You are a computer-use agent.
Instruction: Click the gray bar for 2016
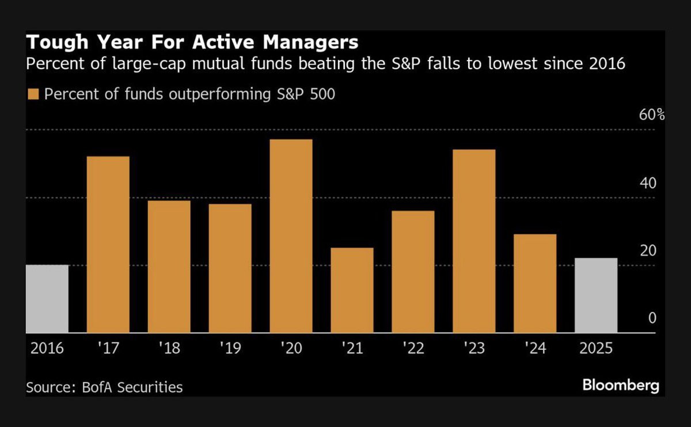pyautogui.click(x=47, y=299)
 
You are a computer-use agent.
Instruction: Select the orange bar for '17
pyautogui.click(x=108, y=245)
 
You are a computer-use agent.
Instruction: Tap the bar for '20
pyautogui.click(x=291, y=236)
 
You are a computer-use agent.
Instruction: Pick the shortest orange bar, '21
pyautogui.click(x=352, y=290)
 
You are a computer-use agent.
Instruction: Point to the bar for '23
pyautogui.click(x=474, y=241)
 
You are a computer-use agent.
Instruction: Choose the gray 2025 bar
pyautogui.click(x=596, y=295)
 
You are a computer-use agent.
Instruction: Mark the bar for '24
pyautogui.click(x=535, y=283)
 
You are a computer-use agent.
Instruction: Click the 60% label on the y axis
pyautogui.click(x=652, y=115)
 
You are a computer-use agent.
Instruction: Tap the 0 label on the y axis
pyautogui.click(x=652, y=318)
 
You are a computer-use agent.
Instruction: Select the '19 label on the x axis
pyautogui.click(x=230, y=349)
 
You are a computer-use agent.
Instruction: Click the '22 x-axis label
pyautogui.click(x=413, y=349)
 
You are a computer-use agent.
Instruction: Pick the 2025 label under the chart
pyautogui.click(x=596, y=349)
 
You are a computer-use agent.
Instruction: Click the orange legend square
pyautogui.click(x=33, y=94)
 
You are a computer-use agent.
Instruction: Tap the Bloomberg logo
pyautogui.click(x=621, y=385)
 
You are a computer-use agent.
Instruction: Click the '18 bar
pyautogui.click(x=169, y=266)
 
